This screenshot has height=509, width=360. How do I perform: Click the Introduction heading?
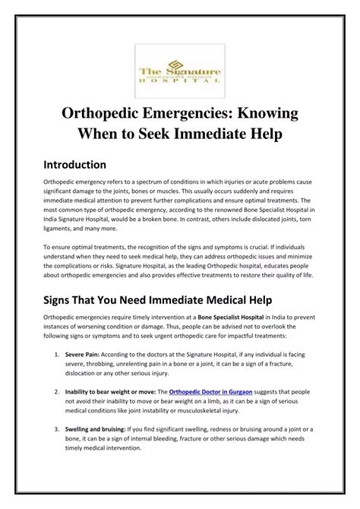pos(74,164)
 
